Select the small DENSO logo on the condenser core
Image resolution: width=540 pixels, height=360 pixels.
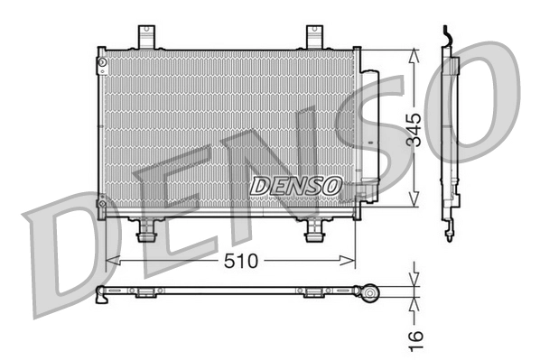295,186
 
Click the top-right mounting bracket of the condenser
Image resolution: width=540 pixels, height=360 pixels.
315,37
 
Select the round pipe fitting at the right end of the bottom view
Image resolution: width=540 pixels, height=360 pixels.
367,292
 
